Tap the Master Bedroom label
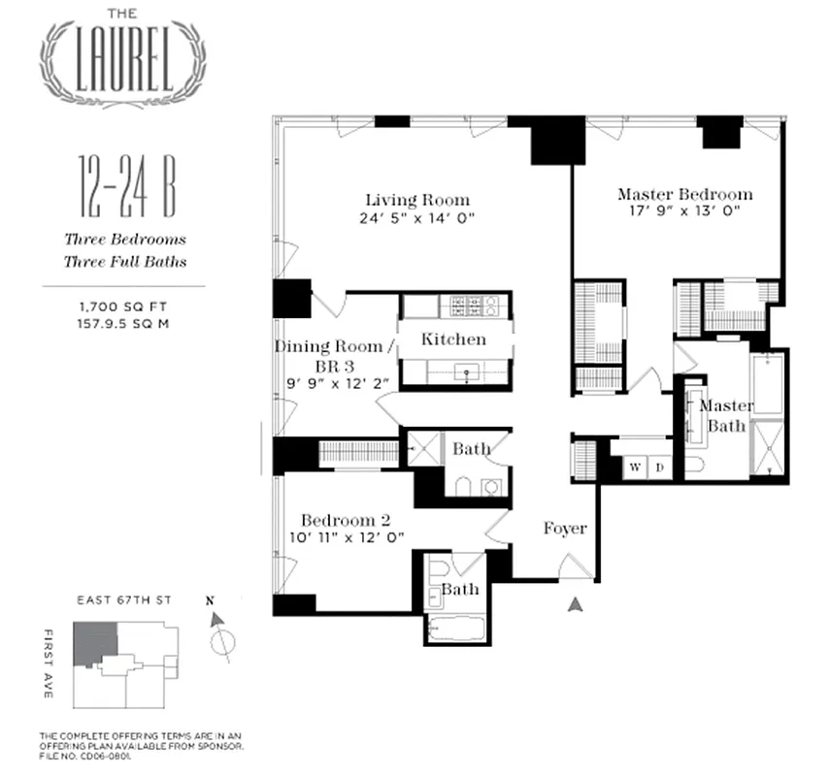684,194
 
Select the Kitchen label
453,339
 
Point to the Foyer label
564,529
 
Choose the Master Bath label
723,415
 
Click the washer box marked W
635,468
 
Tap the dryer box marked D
658,468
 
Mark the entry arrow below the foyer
576,604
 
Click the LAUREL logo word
121,59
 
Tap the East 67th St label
123,601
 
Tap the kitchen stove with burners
470,307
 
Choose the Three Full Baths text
125,261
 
